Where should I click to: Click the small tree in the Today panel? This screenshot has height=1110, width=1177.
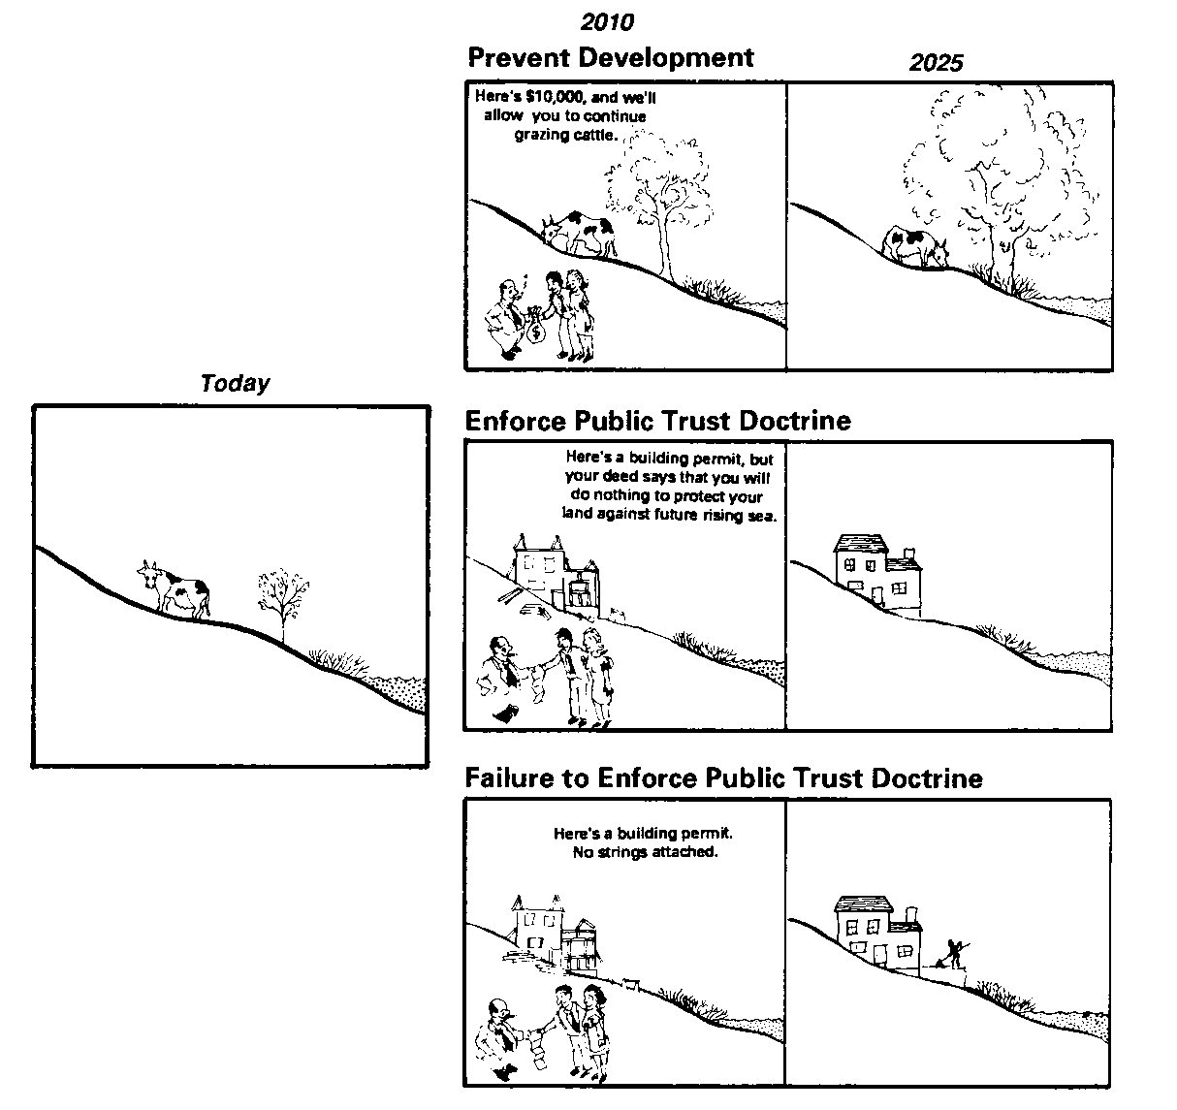283,601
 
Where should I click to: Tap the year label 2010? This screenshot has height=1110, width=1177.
607,21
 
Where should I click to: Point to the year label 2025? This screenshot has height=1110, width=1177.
937,63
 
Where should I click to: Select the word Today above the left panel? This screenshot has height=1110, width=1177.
235,384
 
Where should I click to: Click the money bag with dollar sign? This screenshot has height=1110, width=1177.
536,330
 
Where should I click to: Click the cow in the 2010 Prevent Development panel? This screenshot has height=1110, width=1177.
580,233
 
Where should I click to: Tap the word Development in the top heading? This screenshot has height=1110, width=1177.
668,57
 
